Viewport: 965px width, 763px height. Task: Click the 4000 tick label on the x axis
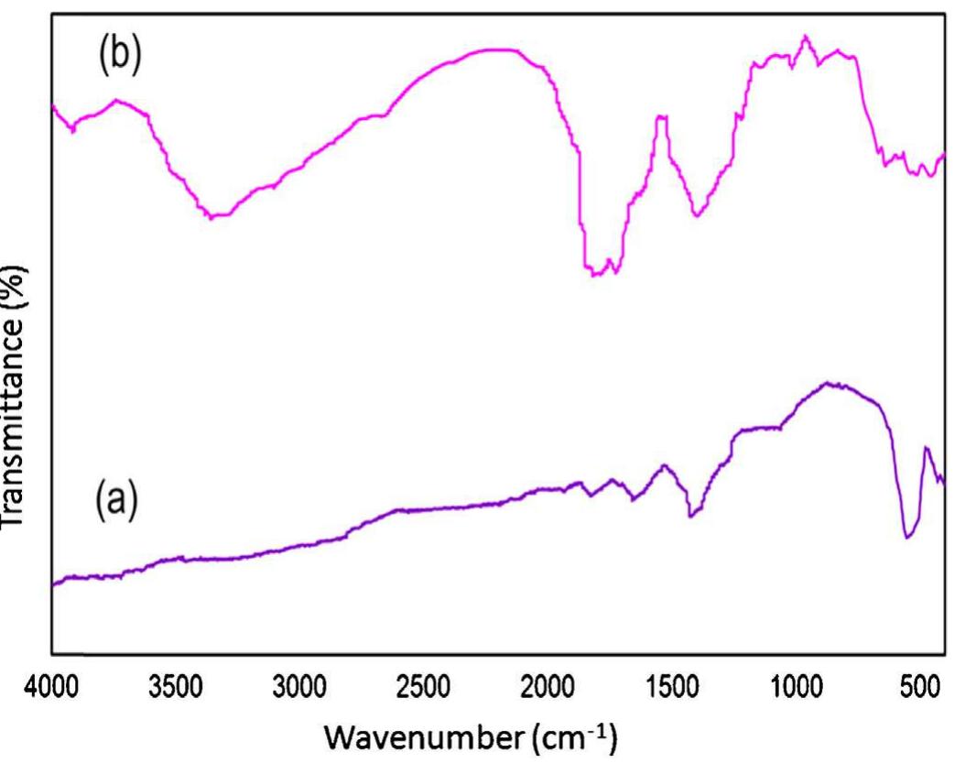(51, 685)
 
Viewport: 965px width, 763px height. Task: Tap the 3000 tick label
(299, 685)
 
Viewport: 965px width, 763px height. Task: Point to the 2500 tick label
(423, 685)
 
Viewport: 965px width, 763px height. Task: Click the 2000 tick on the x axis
(548, 685)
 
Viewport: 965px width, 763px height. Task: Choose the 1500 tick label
(671, 685)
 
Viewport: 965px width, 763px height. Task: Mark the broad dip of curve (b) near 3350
(216, 217)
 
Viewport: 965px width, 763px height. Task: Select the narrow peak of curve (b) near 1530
(662, 116)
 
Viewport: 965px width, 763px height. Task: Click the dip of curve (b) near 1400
(697, 216)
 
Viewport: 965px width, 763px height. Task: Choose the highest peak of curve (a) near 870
(828, 383)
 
